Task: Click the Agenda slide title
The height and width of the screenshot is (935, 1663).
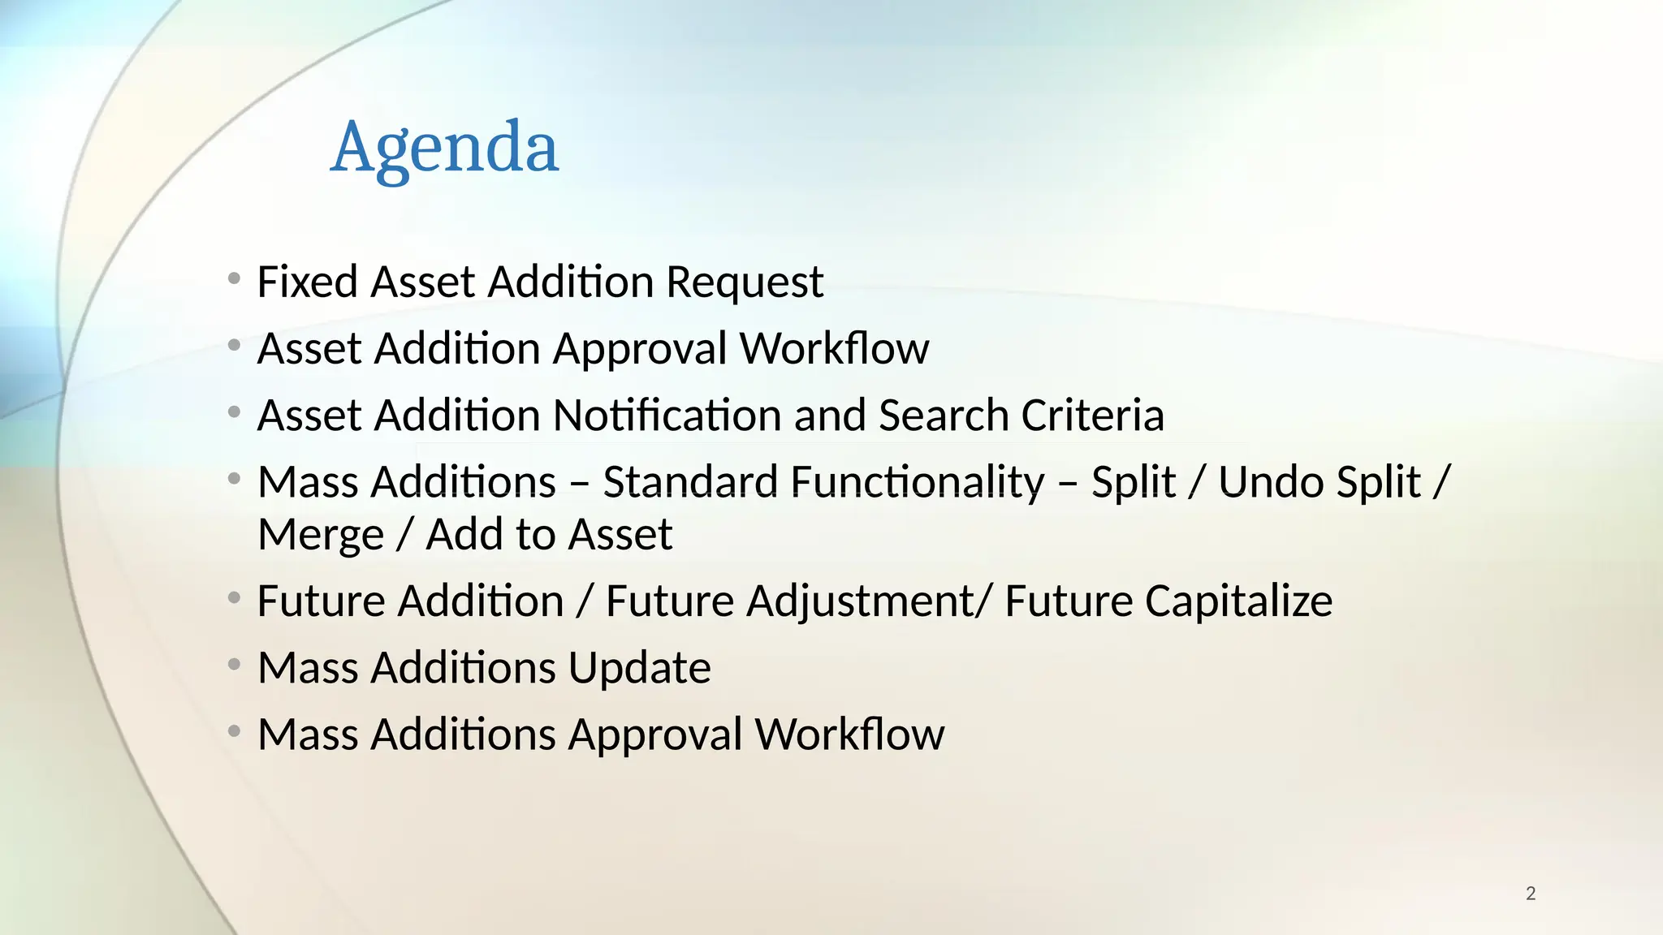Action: click(x=444, y=148)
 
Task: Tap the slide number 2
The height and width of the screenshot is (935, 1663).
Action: click(x=1531, y=894)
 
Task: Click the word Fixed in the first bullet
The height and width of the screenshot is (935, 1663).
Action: click(x=307, y=282)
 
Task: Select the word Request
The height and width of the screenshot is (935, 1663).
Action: click(x=745, y=283)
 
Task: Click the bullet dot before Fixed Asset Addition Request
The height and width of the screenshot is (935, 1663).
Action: click(x=235, y=279)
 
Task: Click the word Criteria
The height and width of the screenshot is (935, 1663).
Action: click(x=1092, y=416)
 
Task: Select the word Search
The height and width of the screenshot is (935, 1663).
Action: click(x=944, y=416)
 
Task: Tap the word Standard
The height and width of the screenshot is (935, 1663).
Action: click(x=690, y=482)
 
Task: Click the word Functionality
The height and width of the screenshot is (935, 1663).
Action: click(x=917, y=482)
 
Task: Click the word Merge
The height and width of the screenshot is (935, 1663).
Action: click(x=321, y=535)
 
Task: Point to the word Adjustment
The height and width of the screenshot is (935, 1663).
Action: click(x=861, y=601)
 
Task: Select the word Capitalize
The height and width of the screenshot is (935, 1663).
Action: click(x=1168, y=601)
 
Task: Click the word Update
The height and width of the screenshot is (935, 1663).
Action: click(x=639, y=668)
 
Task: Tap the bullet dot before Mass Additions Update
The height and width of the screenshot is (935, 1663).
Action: click(x=235, y=666)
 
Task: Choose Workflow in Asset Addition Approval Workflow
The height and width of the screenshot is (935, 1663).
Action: click(x=834, y=349)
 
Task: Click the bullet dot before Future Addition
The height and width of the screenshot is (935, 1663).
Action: click(x=235, y=599)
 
